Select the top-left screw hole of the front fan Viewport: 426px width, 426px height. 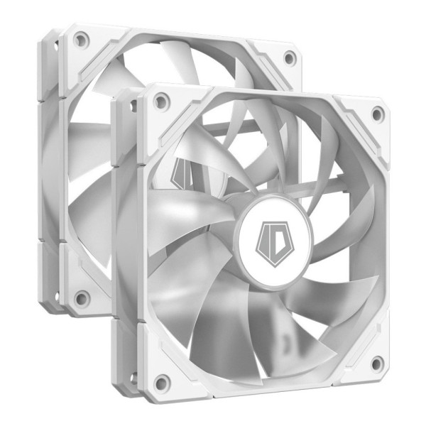(161, 102)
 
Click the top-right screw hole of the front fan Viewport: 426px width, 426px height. (376, 114)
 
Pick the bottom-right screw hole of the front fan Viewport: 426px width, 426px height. (376, 363)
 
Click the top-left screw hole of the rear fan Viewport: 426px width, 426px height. (80, 39)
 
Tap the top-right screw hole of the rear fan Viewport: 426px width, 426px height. (289, 57)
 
